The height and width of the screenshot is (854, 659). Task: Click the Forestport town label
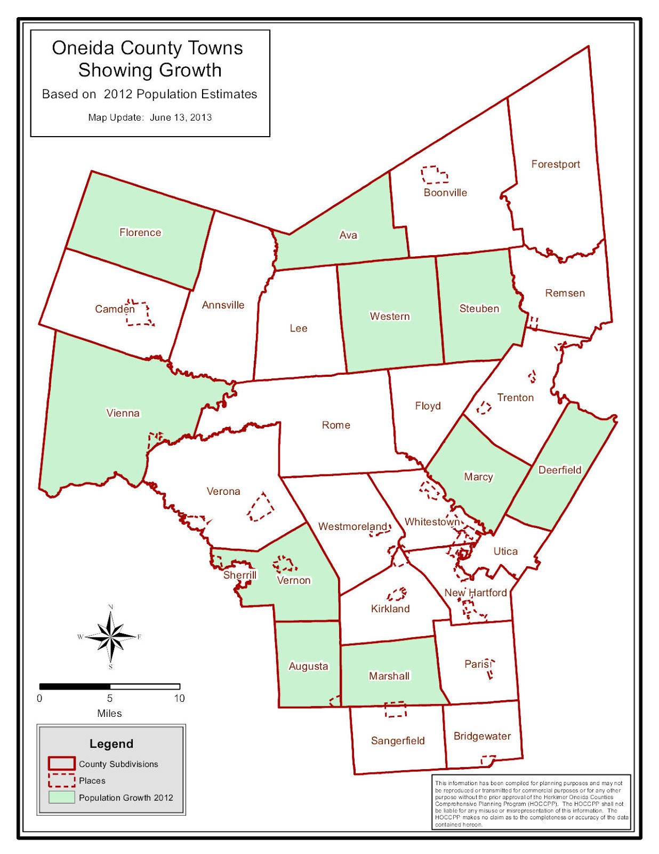(555, 164)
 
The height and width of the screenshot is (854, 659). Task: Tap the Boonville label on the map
(445, 193)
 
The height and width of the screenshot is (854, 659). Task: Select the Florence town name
(140, 232)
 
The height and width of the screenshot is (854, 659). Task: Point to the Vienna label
(123, 413)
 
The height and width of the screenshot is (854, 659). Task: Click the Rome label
(336, 425)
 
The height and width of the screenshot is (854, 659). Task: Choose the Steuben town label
(479, 309)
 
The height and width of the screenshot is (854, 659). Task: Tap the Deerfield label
(560, 470)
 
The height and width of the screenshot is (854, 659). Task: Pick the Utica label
(505, 551)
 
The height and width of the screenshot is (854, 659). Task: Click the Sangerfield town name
(398, 740)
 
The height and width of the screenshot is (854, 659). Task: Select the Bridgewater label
(482, 736)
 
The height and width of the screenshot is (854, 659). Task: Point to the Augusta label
(308, 666)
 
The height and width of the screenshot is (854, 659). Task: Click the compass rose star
(111, 636)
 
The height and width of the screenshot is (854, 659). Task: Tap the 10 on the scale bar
(179, 698)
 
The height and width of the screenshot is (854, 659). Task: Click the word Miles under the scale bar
(109, 713)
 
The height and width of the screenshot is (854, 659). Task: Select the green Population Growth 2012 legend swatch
(61, 797)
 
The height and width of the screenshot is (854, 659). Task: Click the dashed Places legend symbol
(61, 780)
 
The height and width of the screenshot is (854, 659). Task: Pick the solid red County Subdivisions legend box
(61, 764)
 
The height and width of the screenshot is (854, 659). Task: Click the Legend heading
(111, 744)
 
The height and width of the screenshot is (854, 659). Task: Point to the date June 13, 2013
(181, 117)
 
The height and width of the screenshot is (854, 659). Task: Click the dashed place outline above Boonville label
(434, 175)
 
